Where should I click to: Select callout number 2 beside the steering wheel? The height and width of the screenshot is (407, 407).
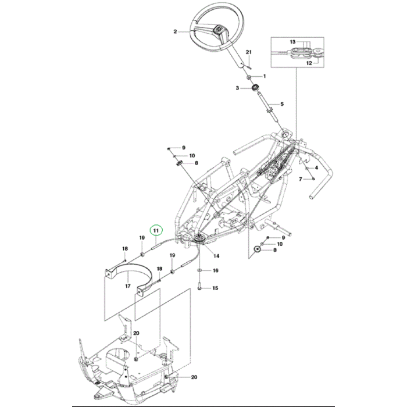pyautogui.click(x=175, y=32)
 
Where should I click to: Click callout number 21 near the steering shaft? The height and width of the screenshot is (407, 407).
pyautogui.click(x=248, y=53)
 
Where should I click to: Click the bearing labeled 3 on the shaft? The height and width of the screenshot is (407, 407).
pyautogui.click(x=254, y=88)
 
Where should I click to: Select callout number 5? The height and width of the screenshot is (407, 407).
pyautogui.click(x=282, y=104)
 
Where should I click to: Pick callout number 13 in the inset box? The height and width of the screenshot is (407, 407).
pyautogui.click(x=293, y=42)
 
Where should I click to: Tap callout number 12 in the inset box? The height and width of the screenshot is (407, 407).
pyautogui.click(x=309, y=63)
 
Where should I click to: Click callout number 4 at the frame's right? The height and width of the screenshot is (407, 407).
pyautogui.click(x=316, y=167)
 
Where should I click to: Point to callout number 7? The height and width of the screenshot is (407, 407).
pyautogui.click(x=301, y=179)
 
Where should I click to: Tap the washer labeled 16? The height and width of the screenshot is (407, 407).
pyautogui.click(x=201, y=270)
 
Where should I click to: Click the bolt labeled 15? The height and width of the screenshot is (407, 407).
pyautogui.click(x=199, y=287)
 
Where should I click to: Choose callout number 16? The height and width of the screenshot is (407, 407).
pyautogui.click(x=216, y=271)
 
